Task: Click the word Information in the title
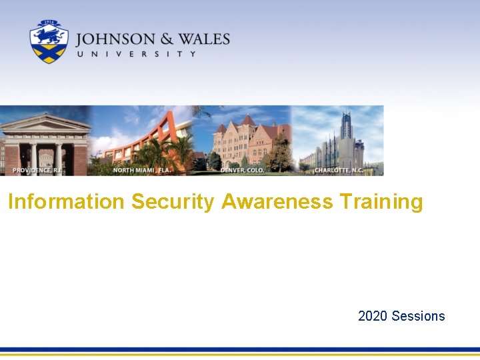66,201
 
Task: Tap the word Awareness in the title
277,201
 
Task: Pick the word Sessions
419,316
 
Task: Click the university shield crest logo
49,42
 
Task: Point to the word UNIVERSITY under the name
137,54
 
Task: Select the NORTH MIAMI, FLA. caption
142,170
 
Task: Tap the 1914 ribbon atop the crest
49,23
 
